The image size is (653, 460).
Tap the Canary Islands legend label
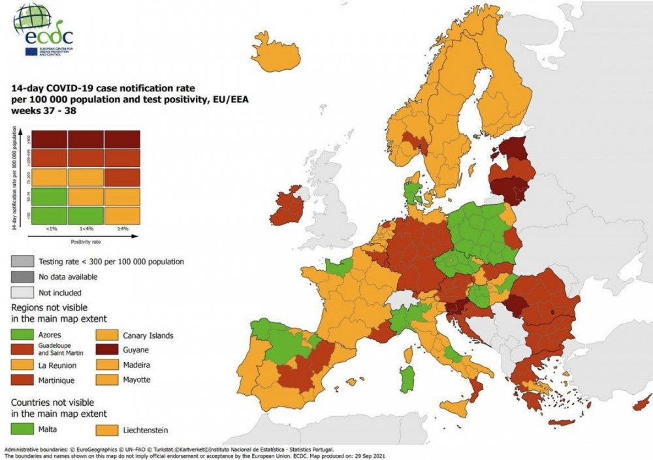pos(148,335)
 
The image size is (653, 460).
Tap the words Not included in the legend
pos(60,293)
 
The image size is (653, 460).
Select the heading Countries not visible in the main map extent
pos(59,408)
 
